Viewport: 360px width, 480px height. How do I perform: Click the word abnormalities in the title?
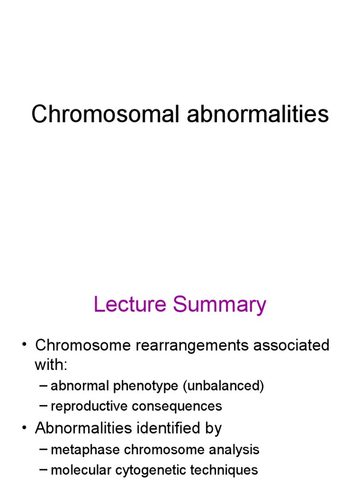tap(258, 114)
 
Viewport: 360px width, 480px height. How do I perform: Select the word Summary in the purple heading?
tap(219, 304)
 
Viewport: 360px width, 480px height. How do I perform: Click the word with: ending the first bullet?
tap(51, 364)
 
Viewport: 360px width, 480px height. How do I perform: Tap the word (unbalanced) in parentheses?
tap(224, 386)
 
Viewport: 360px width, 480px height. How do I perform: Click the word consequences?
tap(177, 406)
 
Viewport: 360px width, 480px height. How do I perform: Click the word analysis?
tap(234, 450)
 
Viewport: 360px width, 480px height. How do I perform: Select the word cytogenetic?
tap(147, 470)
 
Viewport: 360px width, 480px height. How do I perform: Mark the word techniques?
tap(223, 470)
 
